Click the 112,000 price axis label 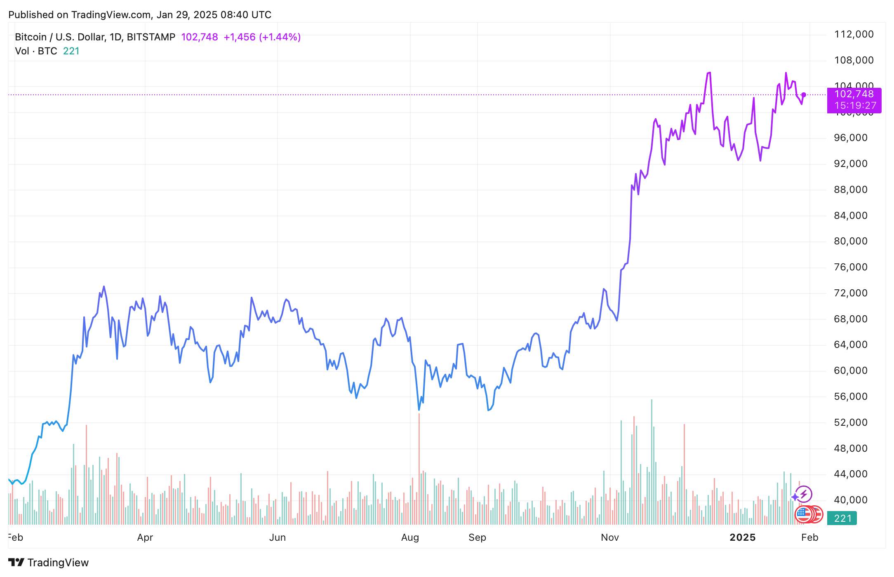(854, 34)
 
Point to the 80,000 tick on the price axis (850, 241)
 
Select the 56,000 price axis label (850, 396)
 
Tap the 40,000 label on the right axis (850, 500)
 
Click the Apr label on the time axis (145, 537)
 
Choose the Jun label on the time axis (278, 537)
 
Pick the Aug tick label (410, 537)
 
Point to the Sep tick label (477, 537)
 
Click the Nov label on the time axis (610, 537)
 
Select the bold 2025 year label (743, 537)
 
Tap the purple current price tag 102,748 (854, 95)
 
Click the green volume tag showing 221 (842, 518)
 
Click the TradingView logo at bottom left (49, 563)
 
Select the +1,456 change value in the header (240, 37)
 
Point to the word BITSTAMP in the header (151, 37)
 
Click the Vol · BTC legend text (36, 51)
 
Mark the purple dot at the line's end (804, 95)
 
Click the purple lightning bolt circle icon (804, 494)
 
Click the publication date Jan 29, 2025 (187, 15)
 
